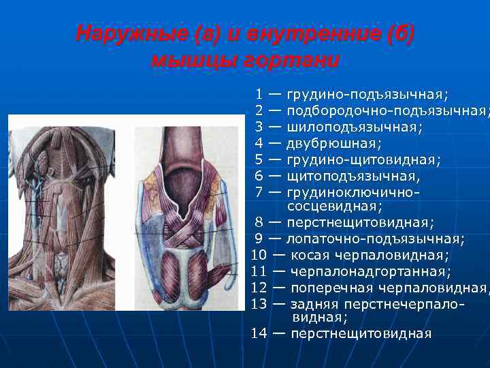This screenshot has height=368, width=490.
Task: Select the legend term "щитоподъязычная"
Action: pos(353,176)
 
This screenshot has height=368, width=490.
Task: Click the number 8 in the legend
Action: pos(259,222)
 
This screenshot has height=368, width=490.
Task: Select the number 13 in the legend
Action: pos(259,304)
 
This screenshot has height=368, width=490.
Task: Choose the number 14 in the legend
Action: pos(259,333)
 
